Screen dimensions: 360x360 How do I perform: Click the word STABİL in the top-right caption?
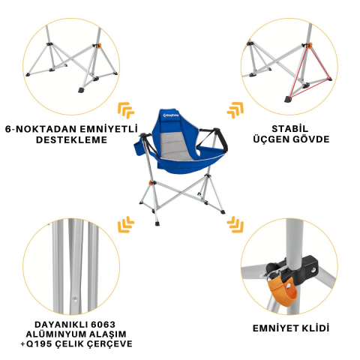click(290, 128)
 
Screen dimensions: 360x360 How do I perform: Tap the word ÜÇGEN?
click(271, 139)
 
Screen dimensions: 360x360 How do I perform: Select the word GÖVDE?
click(310, 139)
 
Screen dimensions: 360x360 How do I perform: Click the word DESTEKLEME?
click(71, 139)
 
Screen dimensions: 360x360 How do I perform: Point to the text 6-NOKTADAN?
click(41, 129)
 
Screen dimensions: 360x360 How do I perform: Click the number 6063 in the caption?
click(103, 325)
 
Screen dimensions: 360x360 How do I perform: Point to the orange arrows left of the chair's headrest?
click(126, 110)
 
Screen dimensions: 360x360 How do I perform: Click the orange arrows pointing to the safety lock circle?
click(235, 224)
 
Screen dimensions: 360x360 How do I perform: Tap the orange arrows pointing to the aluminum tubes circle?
click(126, 224)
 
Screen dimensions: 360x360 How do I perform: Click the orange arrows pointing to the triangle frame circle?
click(235, 110)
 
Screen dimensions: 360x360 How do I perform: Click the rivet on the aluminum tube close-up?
click(74, 298)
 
